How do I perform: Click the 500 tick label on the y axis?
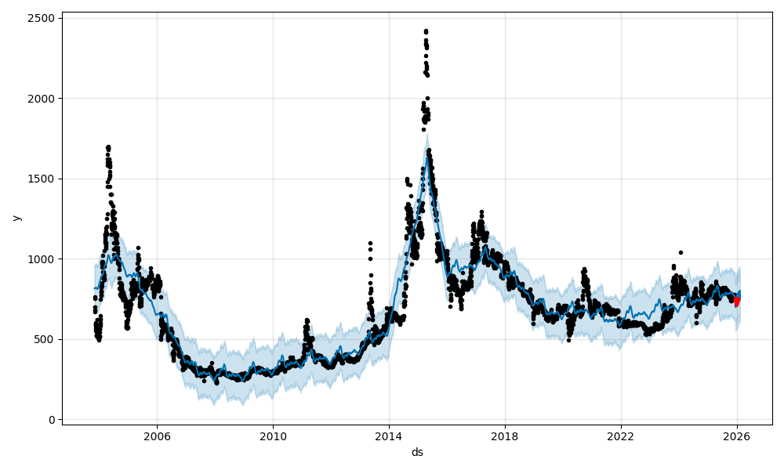(45, 339)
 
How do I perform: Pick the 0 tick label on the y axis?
(51, 420)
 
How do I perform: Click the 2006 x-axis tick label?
(157, 436)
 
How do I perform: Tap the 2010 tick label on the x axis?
(273, 436)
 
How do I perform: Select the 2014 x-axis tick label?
(389, 436)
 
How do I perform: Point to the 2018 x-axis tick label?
(505, 436)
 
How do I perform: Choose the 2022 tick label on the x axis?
(621, 436)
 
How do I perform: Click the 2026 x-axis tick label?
(737, 436)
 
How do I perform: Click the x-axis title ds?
(417, 452)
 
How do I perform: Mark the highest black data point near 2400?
(426, 31)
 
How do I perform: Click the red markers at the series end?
(736, 302)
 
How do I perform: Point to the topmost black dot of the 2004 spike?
(107, 146)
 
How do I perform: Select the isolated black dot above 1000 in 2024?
(681, 252)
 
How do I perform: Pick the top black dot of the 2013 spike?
(370, 243)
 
